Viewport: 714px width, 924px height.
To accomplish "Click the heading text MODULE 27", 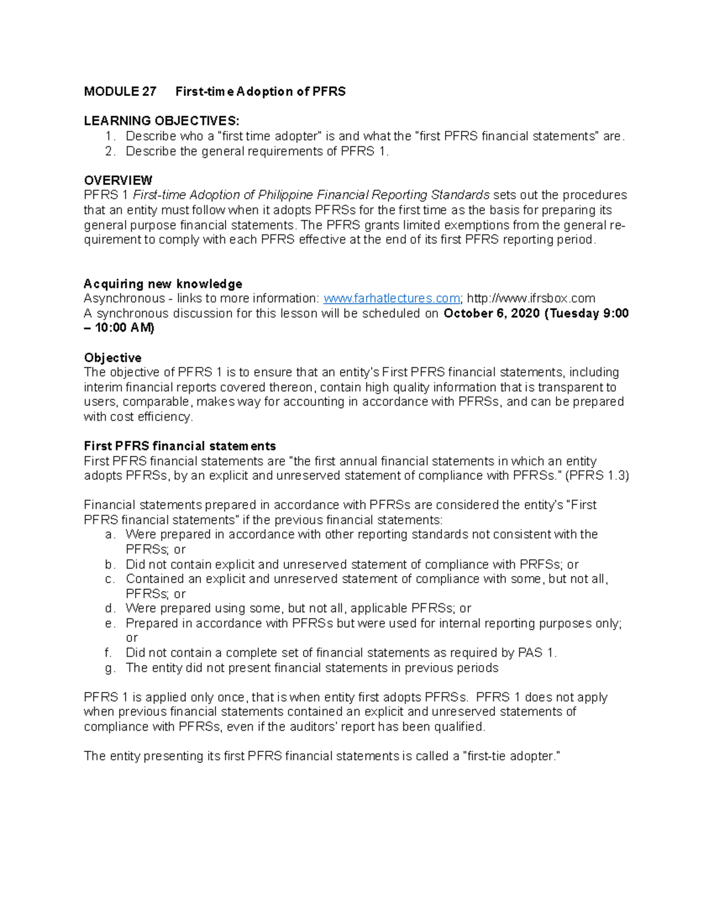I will point(120,92).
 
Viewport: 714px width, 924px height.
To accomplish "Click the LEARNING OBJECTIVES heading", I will point(161,121).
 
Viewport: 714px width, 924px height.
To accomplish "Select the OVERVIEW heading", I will point(118,180).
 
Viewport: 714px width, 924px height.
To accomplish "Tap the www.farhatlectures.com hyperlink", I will point(391,299).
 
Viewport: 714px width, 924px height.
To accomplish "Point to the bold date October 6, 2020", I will point(491,314).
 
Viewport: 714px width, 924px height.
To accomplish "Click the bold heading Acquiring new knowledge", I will point(162,284).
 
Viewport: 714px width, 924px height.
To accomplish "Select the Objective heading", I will point(112,358).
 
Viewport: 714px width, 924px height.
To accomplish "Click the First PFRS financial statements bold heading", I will point(180,446).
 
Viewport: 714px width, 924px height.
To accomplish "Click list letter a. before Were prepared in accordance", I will point(109,535).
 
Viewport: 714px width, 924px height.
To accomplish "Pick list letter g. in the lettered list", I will point(109,668).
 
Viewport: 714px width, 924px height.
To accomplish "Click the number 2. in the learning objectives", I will point(109,151).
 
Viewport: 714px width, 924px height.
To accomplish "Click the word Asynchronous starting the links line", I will point(124,299).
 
